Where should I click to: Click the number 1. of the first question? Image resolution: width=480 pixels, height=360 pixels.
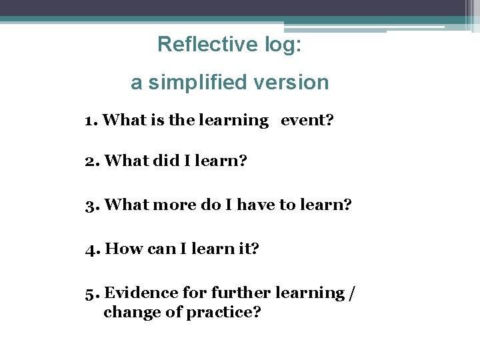click(x=91, y=121)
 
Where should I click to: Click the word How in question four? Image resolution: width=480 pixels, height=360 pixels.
click(x=120, y=249)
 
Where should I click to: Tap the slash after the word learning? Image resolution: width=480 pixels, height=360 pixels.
click(x=351, y=293)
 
